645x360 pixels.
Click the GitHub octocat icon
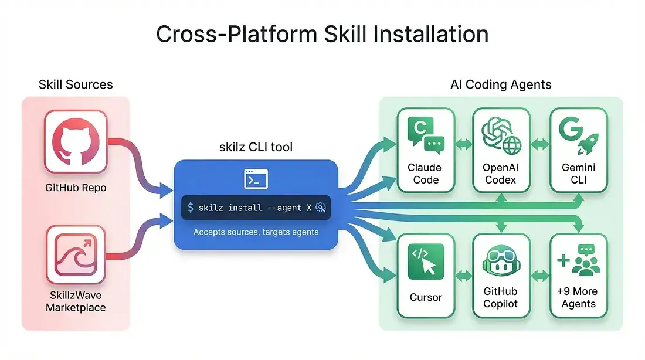(76, 142)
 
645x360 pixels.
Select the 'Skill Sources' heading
(76, 84)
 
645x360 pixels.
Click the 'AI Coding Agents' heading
(501, 84)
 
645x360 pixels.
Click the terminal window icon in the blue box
(256, 179)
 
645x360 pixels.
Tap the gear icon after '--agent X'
(321, 207)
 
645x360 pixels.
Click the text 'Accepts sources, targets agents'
(256, 232)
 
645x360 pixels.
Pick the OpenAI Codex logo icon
(500, 134)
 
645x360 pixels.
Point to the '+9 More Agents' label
(578, 297)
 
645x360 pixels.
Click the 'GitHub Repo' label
(75, 188)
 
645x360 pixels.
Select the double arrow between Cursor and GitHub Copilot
(463, 274)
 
